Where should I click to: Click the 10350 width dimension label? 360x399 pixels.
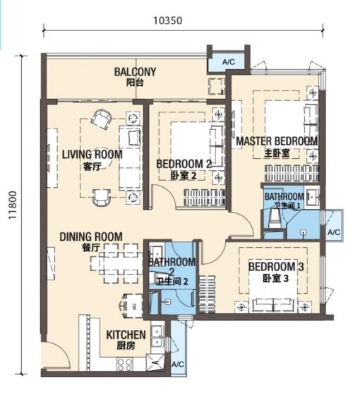point(167,20)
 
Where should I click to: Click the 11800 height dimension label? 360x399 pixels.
point(13,205)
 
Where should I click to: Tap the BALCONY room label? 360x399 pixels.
point(135,72)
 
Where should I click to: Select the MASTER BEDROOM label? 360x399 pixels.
point(277,141)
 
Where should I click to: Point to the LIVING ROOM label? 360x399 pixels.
point(92,155)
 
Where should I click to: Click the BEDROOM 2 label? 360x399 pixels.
point(184,164)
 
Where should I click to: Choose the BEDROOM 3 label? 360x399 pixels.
point(276,267)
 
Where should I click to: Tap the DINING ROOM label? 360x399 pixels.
point(91,237)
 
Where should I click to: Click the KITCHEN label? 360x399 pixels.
point(126,335)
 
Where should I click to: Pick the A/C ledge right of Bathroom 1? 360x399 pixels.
point(334,225)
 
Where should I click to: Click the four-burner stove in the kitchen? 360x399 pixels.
point(124,364)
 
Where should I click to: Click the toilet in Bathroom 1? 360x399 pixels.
point(275,220)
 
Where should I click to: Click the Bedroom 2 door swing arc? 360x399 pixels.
point(168,191)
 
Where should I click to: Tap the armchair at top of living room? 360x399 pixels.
point(101,119)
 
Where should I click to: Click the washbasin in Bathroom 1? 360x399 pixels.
point(312,197)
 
